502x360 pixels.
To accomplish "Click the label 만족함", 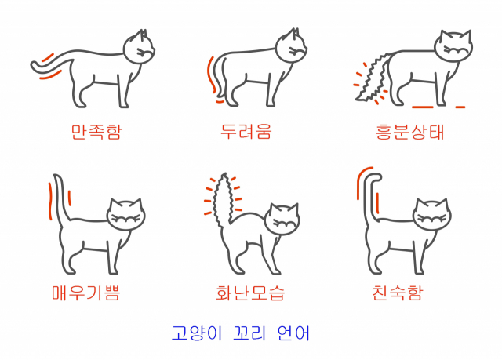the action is click(x=96, y=132).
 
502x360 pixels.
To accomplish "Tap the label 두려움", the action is click(x=246, y=131).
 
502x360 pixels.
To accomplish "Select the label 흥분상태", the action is click(x=409, y=132).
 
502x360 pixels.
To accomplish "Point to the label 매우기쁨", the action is click(x=85, y=293).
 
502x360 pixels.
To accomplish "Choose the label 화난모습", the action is click(x=250, y=293).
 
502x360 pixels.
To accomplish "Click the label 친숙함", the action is click(x=398, y=293).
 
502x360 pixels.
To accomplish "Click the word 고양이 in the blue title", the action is click(x=197, y=333).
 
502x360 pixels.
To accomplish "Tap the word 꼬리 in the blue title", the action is click(x=249, y=333).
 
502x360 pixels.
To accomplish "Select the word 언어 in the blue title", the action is click(x=293, y=333).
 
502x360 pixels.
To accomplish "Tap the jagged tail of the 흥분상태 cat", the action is click(x=373, y=77).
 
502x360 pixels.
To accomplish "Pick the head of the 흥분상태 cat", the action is click(x=453, y=46).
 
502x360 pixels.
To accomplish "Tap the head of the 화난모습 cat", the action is click(x=282, y=219).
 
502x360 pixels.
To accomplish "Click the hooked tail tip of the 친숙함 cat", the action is click(x=374, y=178).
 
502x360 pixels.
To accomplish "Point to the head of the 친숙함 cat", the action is click(x=432, y=215).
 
